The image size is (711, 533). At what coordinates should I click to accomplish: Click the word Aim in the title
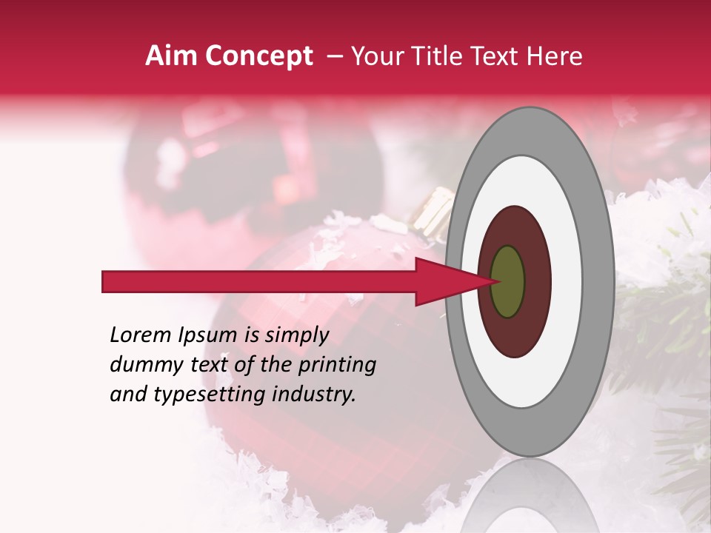point(171,56)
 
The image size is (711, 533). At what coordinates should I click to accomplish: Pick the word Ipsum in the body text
point(210,335)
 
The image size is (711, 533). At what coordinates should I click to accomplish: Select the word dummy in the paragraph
point(141,364)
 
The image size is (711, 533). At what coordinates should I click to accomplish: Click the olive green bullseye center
point(508,282)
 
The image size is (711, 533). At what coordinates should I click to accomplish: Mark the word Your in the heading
point(378,56)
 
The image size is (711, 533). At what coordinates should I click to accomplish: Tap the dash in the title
point(335,56)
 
